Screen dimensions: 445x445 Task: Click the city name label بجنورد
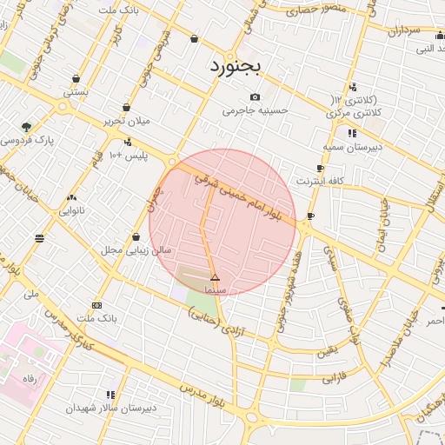[x=235, y=66]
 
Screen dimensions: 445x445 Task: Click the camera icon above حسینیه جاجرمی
[x=255, y=96]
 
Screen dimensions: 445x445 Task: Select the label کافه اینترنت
[x=321, y=182]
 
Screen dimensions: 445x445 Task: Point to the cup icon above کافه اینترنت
[x=320, y=169]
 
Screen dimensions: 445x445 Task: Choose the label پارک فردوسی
[x=27, y=139]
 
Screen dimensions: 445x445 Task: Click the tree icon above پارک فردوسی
[x=26, y=127]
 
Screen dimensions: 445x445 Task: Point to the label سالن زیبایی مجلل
[x=136, y=250]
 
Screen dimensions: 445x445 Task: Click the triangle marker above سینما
[x=216, y=277]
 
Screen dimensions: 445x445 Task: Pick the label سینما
[x=215, y=288]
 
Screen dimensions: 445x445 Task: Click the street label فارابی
[x=335, y=379]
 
